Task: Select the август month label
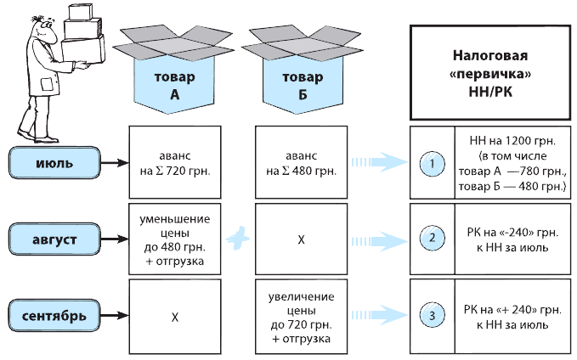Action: click(54, 239)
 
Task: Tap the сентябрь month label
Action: click(54, 318)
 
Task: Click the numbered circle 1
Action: click(433, 160)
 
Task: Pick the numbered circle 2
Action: click(433, 238)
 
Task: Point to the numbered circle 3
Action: click(433, 317)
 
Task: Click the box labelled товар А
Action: click(173, 83)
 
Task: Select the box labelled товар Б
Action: click(301, 83)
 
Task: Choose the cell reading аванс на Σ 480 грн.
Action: click(301, 160)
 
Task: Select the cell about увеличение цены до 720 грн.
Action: click(301, 317)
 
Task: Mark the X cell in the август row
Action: click(301, 239)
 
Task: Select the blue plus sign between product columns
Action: click(239, 239)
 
